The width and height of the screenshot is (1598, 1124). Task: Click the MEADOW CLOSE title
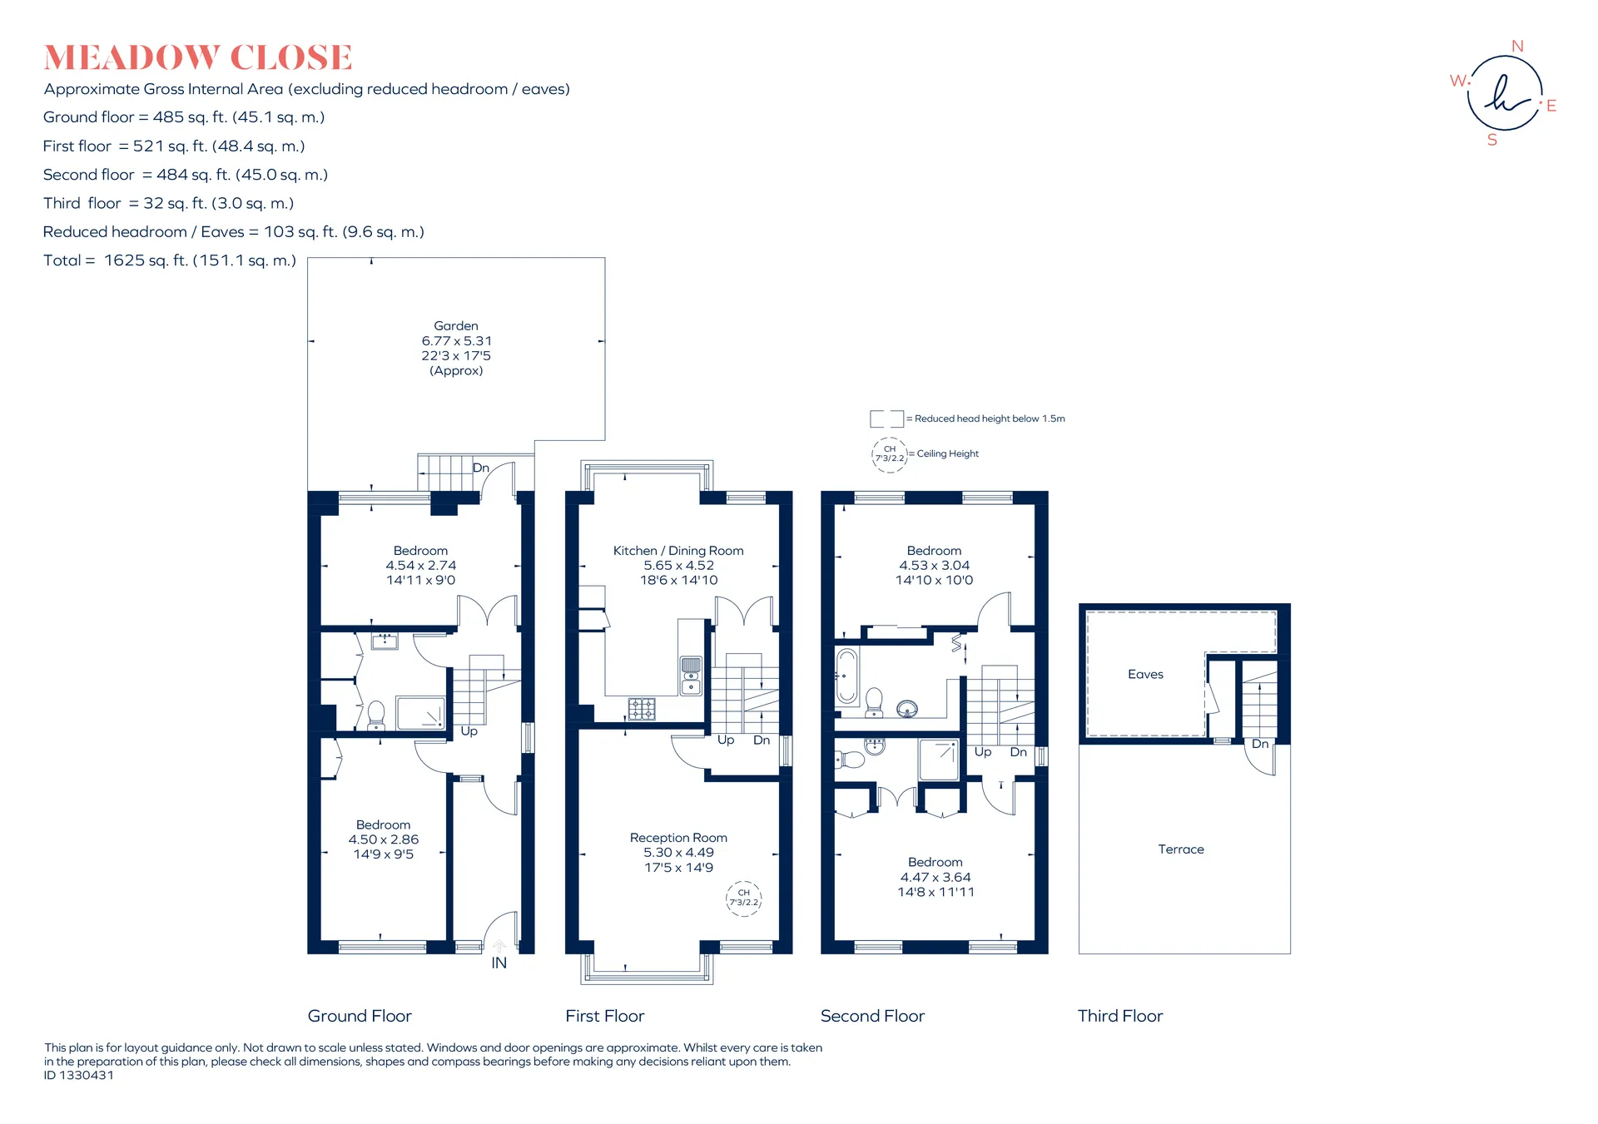click(198, 57)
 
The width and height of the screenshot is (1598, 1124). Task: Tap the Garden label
click(456, 326)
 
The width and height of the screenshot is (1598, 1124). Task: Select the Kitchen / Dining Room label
click(678, 551)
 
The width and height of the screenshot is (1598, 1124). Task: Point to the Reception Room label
click(678, 838)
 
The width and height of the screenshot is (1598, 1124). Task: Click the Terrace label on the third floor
click(1181, 849)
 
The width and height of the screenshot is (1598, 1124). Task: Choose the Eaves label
click(1145, 675)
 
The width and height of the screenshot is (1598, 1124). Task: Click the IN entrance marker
click(499, 963)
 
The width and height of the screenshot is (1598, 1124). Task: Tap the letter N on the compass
click(1517, 47)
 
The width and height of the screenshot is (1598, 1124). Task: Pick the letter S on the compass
click(1492, 141)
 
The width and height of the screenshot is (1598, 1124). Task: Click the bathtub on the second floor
click(846, 676)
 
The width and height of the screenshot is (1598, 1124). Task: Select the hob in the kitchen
click(642, 709)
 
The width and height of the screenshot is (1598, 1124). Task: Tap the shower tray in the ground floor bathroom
click(420, 714)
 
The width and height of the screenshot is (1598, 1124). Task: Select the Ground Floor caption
click(360, 1017)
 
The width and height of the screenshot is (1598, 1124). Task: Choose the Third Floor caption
click(1120, 1017)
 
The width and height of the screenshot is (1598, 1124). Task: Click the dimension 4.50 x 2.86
click(384, 839)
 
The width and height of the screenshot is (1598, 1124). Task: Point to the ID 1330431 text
click(79, 1076)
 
